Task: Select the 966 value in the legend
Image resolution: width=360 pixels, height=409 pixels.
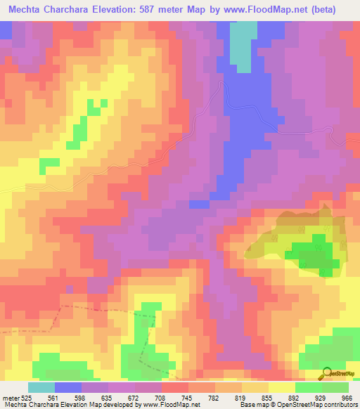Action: tap(345, 398)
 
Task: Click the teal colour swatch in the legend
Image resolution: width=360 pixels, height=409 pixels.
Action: tap(41, 387)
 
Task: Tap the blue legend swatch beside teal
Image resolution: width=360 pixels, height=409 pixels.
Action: tap(67, 387)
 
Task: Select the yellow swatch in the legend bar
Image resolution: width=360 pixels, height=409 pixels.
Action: tap(282, 387)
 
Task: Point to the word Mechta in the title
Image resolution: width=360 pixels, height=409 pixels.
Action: tap(27, 9)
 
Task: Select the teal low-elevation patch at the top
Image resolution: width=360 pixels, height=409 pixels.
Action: tap(243, 46)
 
